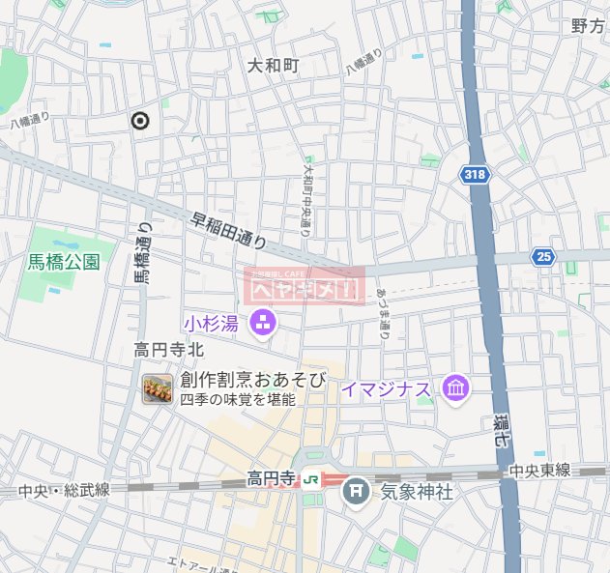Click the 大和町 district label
point(273,67)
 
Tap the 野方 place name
point(588,26)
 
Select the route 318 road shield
point(474,174)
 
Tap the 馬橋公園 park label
point(64,261)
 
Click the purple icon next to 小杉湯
point(262,323)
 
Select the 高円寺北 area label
point(169,350)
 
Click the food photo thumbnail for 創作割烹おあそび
point(157,389)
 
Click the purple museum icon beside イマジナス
point(455,389)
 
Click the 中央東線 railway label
point(539,471)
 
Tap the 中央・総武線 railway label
point(64,490)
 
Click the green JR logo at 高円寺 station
point(312,478)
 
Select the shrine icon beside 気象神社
point(357,491)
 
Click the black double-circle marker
point(140,121)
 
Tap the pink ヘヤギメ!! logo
point(305,286)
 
